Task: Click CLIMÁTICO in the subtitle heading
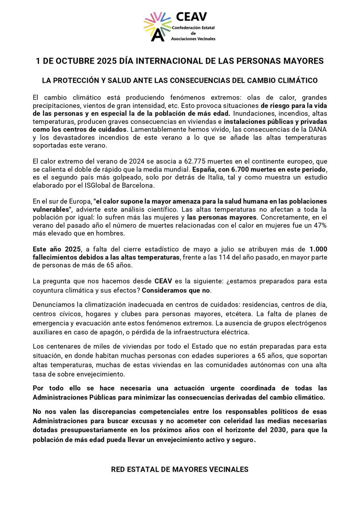(x=299, y=80)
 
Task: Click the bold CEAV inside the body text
(x=163, y=282)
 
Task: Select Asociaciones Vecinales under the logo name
(x=193, y=39)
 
